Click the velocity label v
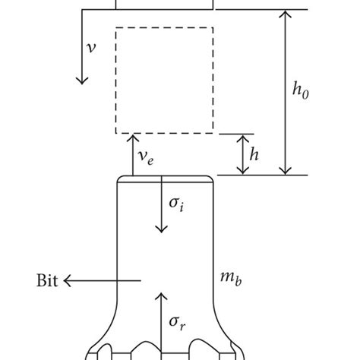(92, 47)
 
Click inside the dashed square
(164, 81)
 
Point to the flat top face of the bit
(164, 178)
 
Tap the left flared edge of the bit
(106, 327)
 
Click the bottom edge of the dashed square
(164, 134)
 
